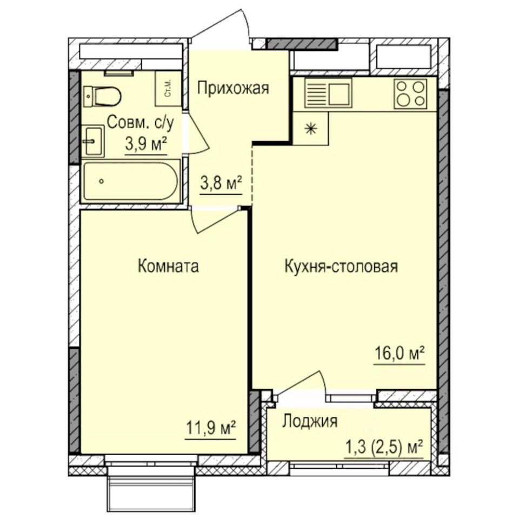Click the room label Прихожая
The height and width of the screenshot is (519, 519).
point(233,88)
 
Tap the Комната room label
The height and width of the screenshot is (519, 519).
point(168,266)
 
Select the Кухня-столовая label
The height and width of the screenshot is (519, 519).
point(341,267)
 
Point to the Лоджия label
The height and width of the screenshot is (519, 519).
point(310,422)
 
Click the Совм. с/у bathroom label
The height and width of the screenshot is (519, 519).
point(141,123)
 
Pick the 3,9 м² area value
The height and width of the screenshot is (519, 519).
point(145,144)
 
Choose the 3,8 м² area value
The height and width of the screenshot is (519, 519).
point(221,183)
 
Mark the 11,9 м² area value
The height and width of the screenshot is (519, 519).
point(210,428)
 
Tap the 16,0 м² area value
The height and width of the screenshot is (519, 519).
point(400,353)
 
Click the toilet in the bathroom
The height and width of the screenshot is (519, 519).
point(102,96)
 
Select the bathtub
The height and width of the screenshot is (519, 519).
point(130,181)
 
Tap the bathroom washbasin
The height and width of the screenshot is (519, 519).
point(92,141)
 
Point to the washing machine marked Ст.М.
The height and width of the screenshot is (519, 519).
point(168,88)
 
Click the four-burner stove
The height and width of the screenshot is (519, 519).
point(410,94)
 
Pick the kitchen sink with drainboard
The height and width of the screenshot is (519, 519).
point(328,94)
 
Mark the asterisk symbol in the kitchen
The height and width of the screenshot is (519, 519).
point(310,129)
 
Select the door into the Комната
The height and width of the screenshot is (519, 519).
point(215,219)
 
